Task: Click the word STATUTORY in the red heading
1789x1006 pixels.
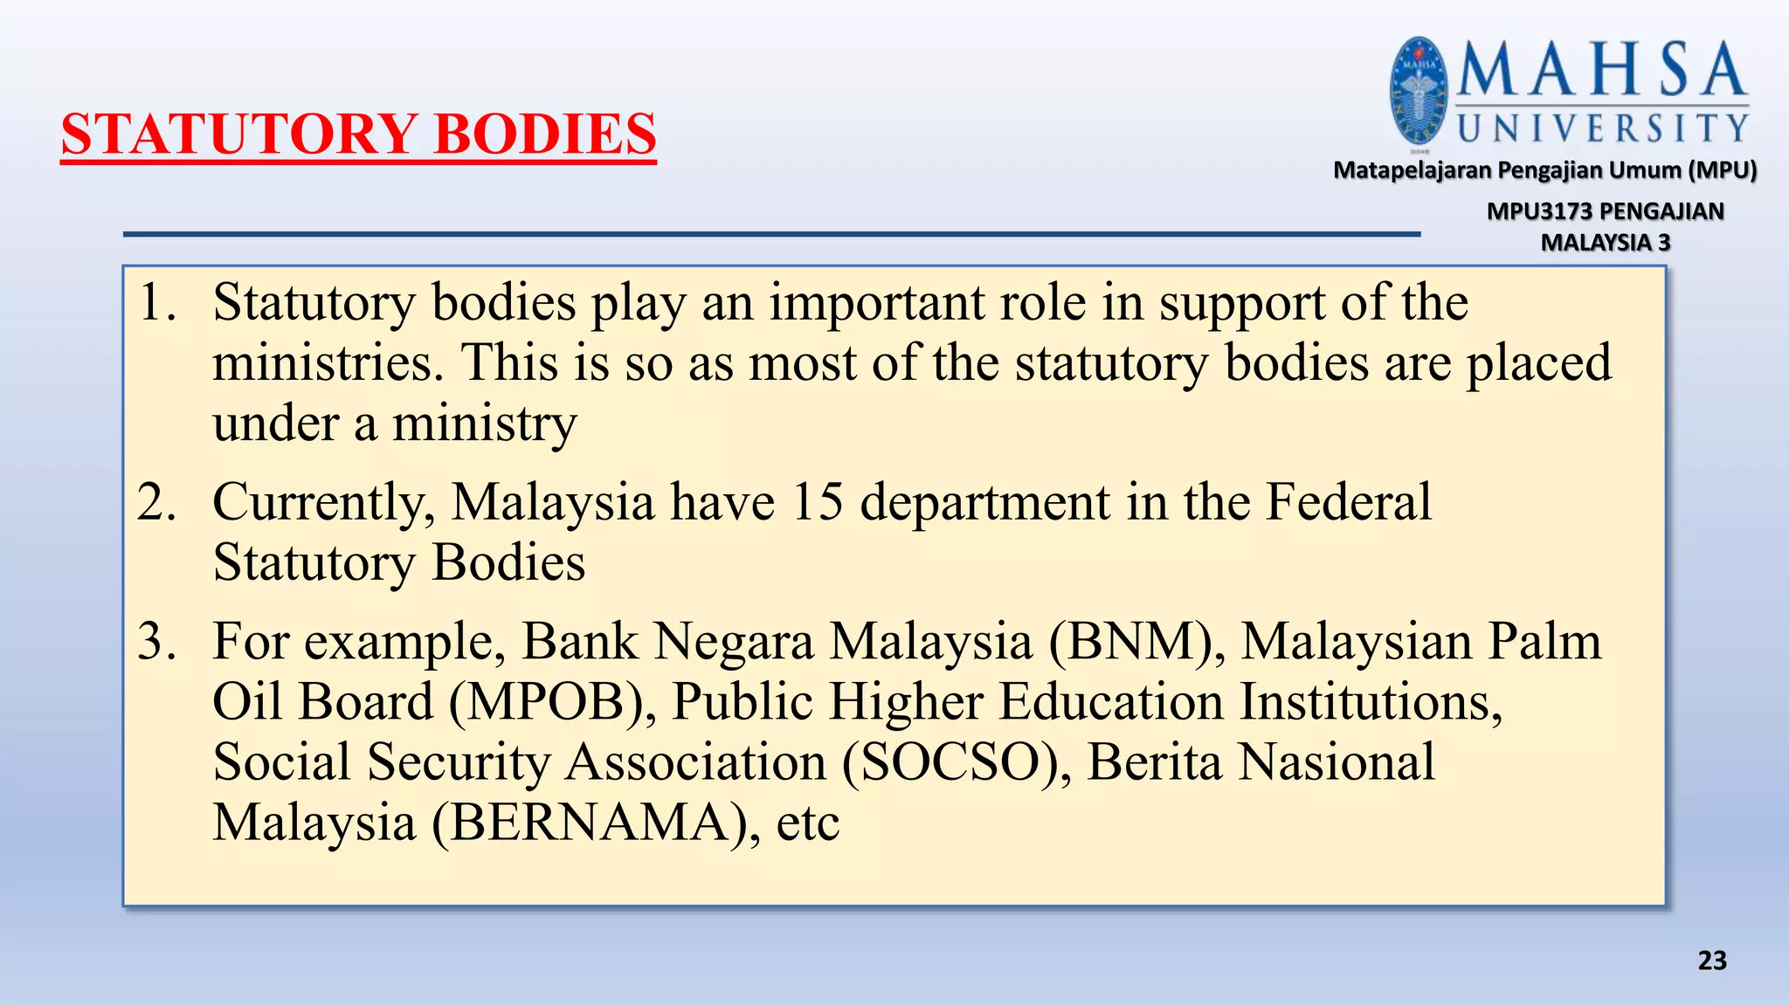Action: click(238, 134)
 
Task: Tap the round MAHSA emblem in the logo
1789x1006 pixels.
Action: click(1419, 92)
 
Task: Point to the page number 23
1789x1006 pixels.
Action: click(1712, 961)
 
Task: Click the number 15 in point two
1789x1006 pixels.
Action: click(817, 502)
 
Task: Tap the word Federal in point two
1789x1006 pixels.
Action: click(1349, 502)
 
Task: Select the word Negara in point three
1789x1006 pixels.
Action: click(734, 643)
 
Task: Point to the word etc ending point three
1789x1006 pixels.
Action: click(807, 823)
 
